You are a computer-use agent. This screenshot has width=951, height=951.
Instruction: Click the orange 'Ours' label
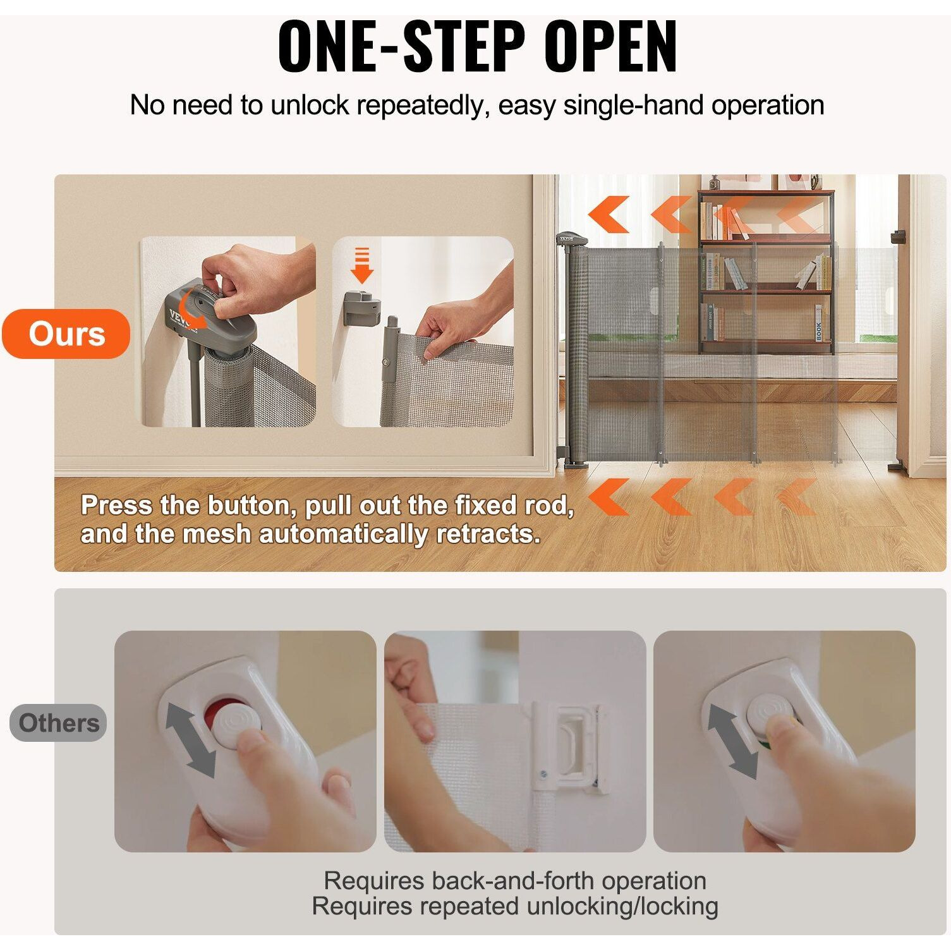[66, 334]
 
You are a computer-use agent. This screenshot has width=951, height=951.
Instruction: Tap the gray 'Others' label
[59, 723]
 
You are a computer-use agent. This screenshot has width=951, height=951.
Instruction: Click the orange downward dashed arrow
[361, 265]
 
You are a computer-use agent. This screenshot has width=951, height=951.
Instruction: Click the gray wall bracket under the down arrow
[361, 308]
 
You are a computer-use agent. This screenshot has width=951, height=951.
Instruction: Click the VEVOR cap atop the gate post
[571, 239]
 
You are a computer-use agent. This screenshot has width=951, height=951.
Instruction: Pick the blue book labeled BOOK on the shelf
[818, 324]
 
